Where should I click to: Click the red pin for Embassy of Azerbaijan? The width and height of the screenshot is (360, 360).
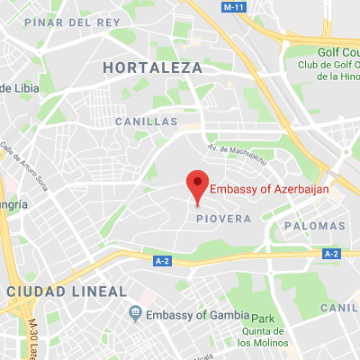(197, 184)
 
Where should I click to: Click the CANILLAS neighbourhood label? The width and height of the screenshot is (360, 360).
(142, 120)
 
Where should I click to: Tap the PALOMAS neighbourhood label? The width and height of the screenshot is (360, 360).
(312, 225)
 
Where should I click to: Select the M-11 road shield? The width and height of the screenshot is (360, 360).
(233, 6)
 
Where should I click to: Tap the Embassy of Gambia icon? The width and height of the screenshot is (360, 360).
(135, 312)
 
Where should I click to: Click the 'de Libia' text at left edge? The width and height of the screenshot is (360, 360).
(15, 87)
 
